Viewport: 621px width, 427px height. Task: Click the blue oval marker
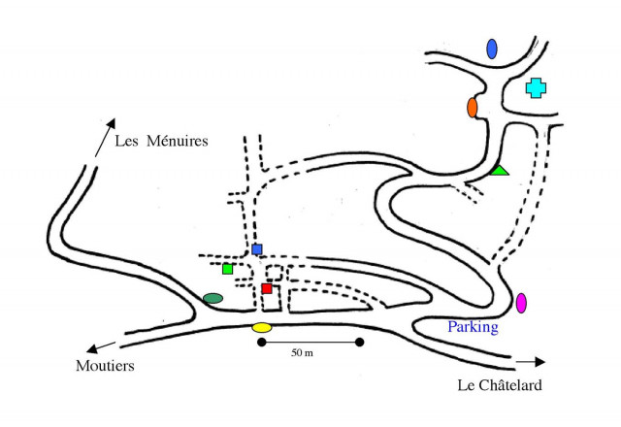tap(492, 48)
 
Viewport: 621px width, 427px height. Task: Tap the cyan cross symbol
tap(535, 87)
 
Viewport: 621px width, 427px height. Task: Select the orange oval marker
tap(473, 107)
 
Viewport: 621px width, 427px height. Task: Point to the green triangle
tap(499, 171)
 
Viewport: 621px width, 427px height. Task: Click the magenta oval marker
tap(521, 302)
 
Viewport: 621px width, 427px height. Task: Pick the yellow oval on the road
tap(262, 327)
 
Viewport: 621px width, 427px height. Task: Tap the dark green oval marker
tap(212, 298)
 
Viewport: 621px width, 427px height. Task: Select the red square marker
tap(267, 288)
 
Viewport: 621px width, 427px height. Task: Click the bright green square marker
tap(227, 269)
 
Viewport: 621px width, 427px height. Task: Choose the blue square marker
tap(257, 249)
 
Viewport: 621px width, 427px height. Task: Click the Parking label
tap(473, 327)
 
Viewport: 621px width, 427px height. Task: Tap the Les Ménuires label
tap(162, 142)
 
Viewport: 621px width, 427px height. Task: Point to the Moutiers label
tap(105, 366)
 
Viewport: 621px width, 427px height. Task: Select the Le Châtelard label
tap(499, 386)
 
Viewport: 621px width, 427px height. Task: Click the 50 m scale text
tap(302, 353)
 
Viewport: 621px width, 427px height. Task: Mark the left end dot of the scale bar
tap(261, 342)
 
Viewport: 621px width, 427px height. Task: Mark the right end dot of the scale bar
tap(360, 342)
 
